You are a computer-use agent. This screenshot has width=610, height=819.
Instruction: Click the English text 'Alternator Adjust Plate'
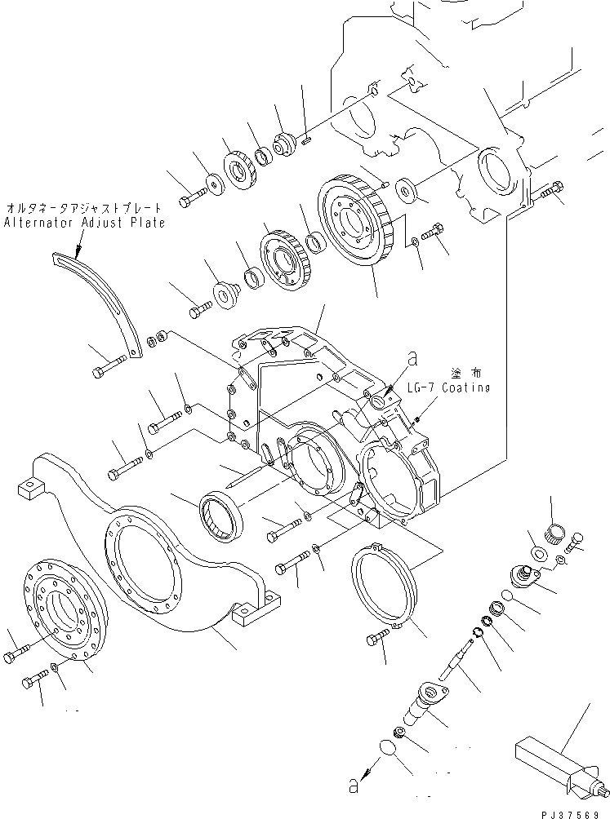[x=84, y=223]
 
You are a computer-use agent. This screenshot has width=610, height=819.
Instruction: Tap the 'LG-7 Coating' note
[x=448, y=388]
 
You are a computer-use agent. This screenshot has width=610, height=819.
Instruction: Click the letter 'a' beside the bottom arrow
[x=352, y=786]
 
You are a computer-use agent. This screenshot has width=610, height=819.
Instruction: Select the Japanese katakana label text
[x=84, y=208]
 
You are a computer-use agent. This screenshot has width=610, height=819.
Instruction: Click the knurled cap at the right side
[x=555, y=533]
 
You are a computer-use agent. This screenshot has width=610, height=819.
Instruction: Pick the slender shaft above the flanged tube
[x=457, y=657]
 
